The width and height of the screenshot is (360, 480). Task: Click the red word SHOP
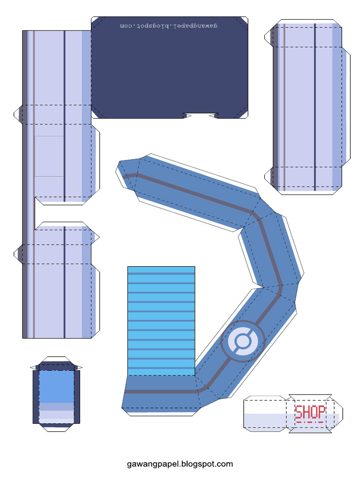[310, 412]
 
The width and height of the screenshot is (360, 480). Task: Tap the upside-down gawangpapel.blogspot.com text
[169, 24]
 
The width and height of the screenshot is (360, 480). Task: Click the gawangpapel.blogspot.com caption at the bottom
[180, 464]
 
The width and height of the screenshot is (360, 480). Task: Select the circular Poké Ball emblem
[243, 341]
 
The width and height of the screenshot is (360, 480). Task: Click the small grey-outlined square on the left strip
[49, 156]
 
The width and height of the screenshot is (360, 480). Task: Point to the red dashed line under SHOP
[310, 422]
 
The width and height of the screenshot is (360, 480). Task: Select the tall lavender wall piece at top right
[307, 108]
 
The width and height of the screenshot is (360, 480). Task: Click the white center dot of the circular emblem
[243, 341]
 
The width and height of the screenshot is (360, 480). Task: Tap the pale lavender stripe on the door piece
[56, 415]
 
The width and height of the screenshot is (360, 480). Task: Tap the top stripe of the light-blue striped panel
[161, 273]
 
